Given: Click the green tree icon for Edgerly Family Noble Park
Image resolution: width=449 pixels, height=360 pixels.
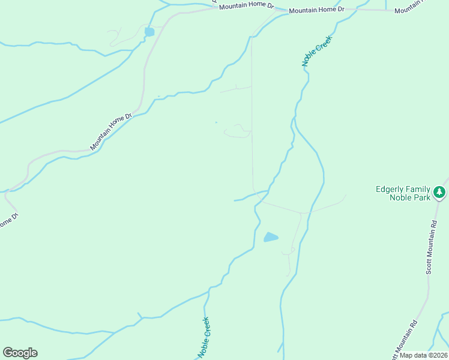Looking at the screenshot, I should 440,193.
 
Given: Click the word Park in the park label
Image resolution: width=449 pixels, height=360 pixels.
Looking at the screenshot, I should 423,198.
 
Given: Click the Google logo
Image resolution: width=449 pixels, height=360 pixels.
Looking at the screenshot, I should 20,353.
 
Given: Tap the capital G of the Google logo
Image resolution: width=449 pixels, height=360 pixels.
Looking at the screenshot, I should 8,353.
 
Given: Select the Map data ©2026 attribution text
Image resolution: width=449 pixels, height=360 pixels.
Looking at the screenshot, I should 424,355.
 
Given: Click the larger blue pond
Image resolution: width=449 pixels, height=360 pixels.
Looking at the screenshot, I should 271,237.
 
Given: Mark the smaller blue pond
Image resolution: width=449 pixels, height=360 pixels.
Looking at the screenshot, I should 149,32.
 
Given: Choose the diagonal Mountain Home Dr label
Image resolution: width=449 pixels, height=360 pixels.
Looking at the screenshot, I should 110,131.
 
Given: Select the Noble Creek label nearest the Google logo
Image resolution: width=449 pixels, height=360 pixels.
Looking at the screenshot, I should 203,338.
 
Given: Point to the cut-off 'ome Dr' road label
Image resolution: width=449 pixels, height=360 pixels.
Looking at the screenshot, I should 6,221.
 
